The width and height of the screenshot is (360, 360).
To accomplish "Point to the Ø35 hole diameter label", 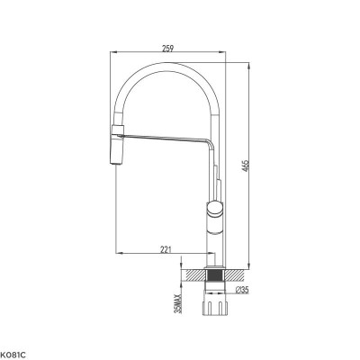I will (241, 290).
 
